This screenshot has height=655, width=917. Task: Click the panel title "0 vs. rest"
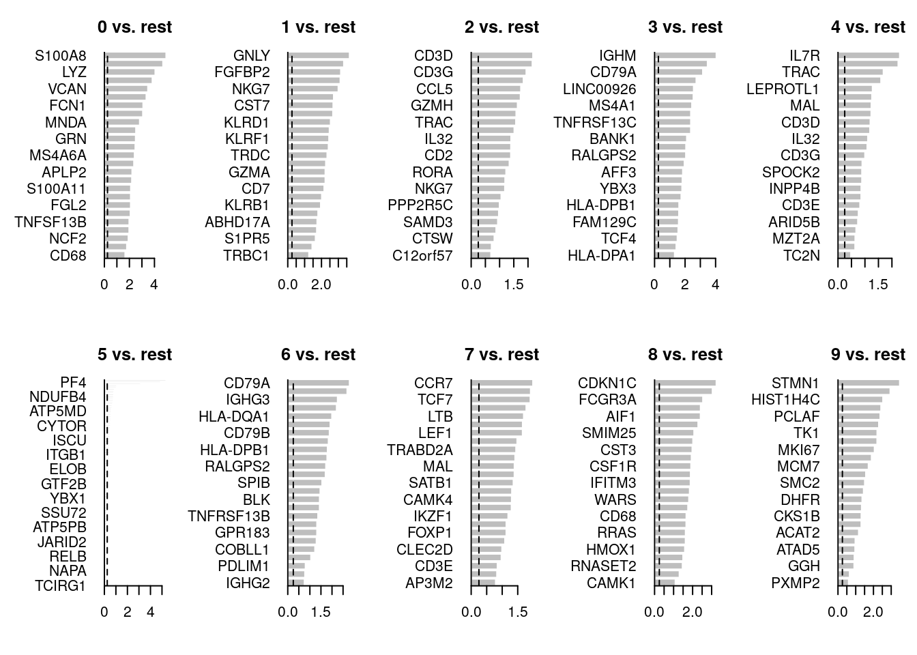(134, 27)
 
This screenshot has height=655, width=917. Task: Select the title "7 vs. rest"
(501, 355)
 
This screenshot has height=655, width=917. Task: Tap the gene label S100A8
(61, 56)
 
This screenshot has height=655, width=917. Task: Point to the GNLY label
(251, 56)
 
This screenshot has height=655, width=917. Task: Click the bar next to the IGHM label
(685, 55)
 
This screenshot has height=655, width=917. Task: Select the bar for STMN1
(868, 383)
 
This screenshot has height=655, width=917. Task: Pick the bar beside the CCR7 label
(501, 383)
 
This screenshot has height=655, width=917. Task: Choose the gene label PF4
(73, 383)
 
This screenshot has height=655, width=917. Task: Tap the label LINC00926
(599, 89)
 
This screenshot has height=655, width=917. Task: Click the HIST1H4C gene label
(785, 400)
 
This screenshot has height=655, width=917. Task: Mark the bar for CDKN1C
(685, 383)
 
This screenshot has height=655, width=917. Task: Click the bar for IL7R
(868, 55)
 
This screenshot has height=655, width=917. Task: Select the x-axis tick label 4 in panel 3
(715, 285)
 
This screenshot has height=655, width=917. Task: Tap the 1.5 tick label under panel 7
(518, 612)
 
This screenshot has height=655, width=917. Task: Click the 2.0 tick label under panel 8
(692, 612)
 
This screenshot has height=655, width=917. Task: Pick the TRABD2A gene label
(420, 450)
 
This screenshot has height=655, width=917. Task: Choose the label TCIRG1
(61, 585)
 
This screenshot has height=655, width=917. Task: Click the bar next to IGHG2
(296, 583)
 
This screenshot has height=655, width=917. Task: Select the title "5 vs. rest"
(134, 355)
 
